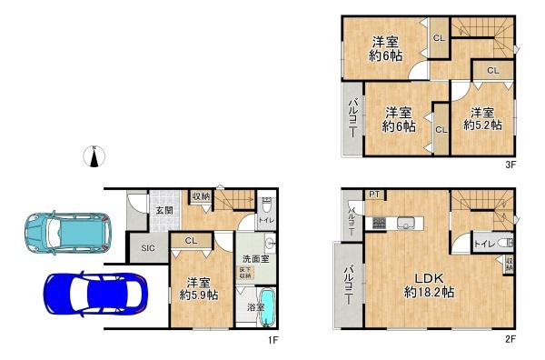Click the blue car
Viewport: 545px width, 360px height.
click(94, 295)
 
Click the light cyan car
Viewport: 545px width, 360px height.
click(68, 231)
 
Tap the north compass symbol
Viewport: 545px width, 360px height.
click(94, 156)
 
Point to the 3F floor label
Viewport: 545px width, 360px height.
click(510, 165)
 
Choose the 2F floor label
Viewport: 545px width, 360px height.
click(510, 339)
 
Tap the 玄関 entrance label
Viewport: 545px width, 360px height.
click(163, 211)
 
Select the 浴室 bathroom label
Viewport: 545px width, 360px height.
click(255, 308)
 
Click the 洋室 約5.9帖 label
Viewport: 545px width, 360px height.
click(197, 288)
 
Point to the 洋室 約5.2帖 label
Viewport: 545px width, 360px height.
click(481, 118)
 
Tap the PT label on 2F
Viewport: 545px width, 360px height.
click(374, 195)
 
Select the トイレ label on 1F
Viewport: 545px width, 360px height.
click(264, 219)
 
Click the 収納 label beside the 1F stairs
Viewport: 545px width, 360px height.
click(201, 195)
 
